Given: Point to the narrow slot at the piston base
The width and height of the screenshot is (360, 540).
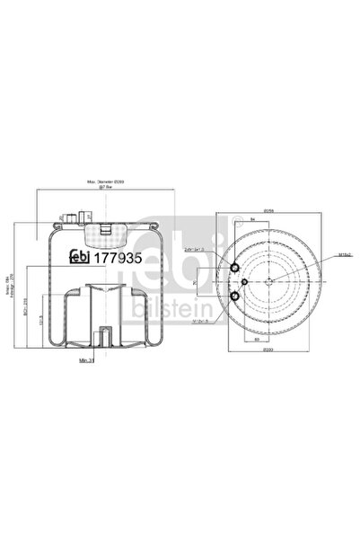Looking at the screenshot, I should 106,339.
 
